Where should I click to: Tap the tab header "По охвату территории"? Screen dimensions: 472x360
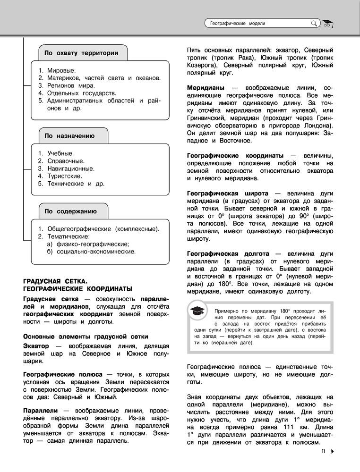coord(81,53)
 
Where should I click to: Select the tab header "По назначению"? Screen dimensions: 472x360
coord(69,136)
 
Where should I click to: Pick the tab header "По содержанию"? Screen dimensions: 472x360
coord(70,211)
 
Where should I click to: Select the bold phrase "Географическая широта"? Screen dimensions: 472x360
coord(228,194)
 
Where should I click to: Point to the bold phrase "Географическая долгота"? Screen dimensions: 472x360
coord(228,253)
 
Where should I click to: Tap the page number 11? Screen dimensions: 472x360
coord(324,451)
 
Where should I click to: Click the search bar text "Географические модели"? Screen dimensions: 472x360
coord(238,23)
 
